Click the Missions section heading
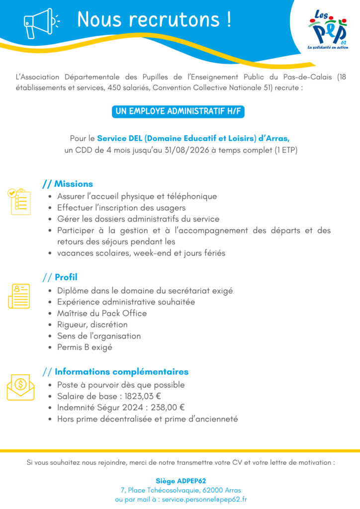coord(73,184)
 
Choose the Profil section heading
coord(66,277)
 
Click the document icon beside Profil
coord(19,296)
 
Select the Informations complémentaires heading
coord(121,372)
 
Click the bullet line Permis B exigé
coord(85,347)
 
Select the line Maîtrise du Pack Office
coord(102,313)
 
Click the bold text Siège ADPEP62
coord(180,481)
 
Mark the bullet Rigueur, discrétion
coord(92,325)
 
